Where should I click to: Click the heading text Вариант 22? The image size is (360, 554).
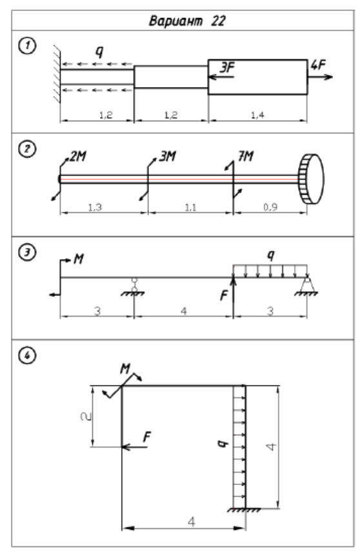(187, 21)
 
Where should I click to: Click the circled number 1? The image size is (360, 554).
(27, 46)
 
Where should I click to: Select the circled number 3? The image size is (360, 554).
(27, 252)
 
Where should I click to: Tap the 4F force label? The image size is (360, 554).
(318, 65)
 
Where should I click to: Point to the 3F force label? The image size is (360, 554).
(227, 67)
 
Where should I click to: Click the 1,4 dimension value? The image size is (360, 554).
(257, 115)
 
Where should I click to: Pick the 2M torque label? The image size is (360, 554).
(77, 156)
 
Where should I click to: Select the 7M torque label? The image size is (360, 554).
(246, 156)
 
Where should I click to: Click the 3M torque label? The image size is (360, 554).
(168, 156)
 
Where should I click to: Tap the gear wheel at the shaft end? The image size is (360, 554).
(311, 179)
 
